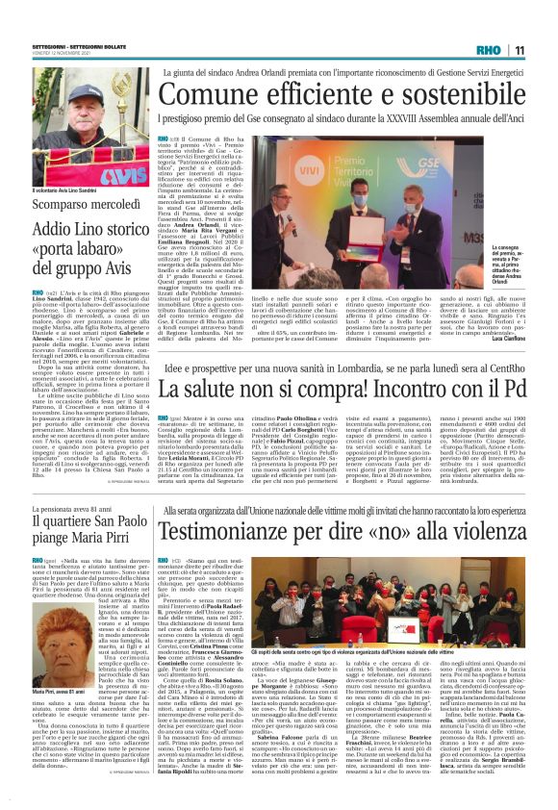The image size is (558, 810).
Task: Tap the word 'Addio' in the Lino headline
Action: pyautogui.click(x=53, y=231)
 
